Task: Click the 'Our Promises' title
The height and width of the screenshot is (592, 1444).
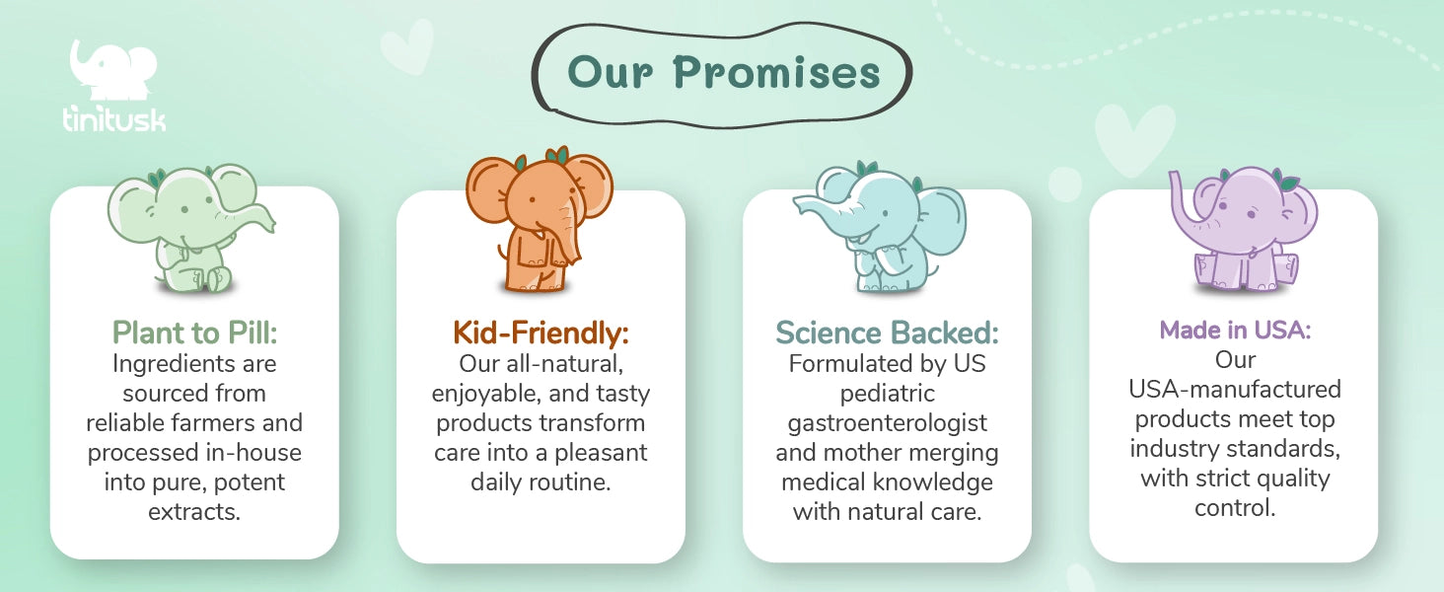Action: tap(723, 72)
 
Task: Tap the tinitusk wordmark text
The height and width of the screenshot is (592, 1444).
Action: tap(114, 118)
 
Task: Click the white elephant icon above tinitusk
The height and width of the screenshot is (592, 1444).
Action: tap(113, 70)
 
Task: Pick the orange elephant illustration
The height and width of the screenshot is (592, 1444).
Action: tap(540, 219)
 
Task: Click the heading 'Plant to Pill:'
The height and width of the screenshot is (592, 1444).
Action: tap(194, 333)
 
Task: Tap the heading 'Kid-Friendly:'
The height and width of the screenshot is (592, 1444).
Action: tap(541, 333)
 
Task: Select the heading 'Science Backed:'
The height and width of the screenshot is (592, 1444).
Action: tap(887, 333)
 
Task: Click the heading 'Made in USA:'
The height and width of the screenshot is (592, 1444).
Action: tap(1235, 331)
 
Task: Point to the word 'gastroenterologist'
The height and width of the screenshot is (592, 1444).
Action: tap(887, 423)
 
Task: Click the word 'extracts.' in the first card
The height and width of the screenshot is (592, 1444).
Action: tap(194, 512)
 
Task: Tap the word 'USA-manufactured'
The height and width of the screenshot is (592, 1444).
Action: tap(1235, 389)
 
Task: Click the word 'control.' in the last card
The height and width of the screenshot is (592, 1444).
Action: tap(1235, 508)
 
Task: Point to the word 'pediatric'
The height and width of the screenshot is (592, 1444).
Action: tap(887, 394)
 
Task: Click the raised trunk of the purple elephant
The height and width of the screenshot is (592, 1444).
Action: tap(1184, 200)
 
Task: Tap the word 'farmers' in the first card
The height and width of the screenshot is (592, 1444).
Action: tap(212, 423)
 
